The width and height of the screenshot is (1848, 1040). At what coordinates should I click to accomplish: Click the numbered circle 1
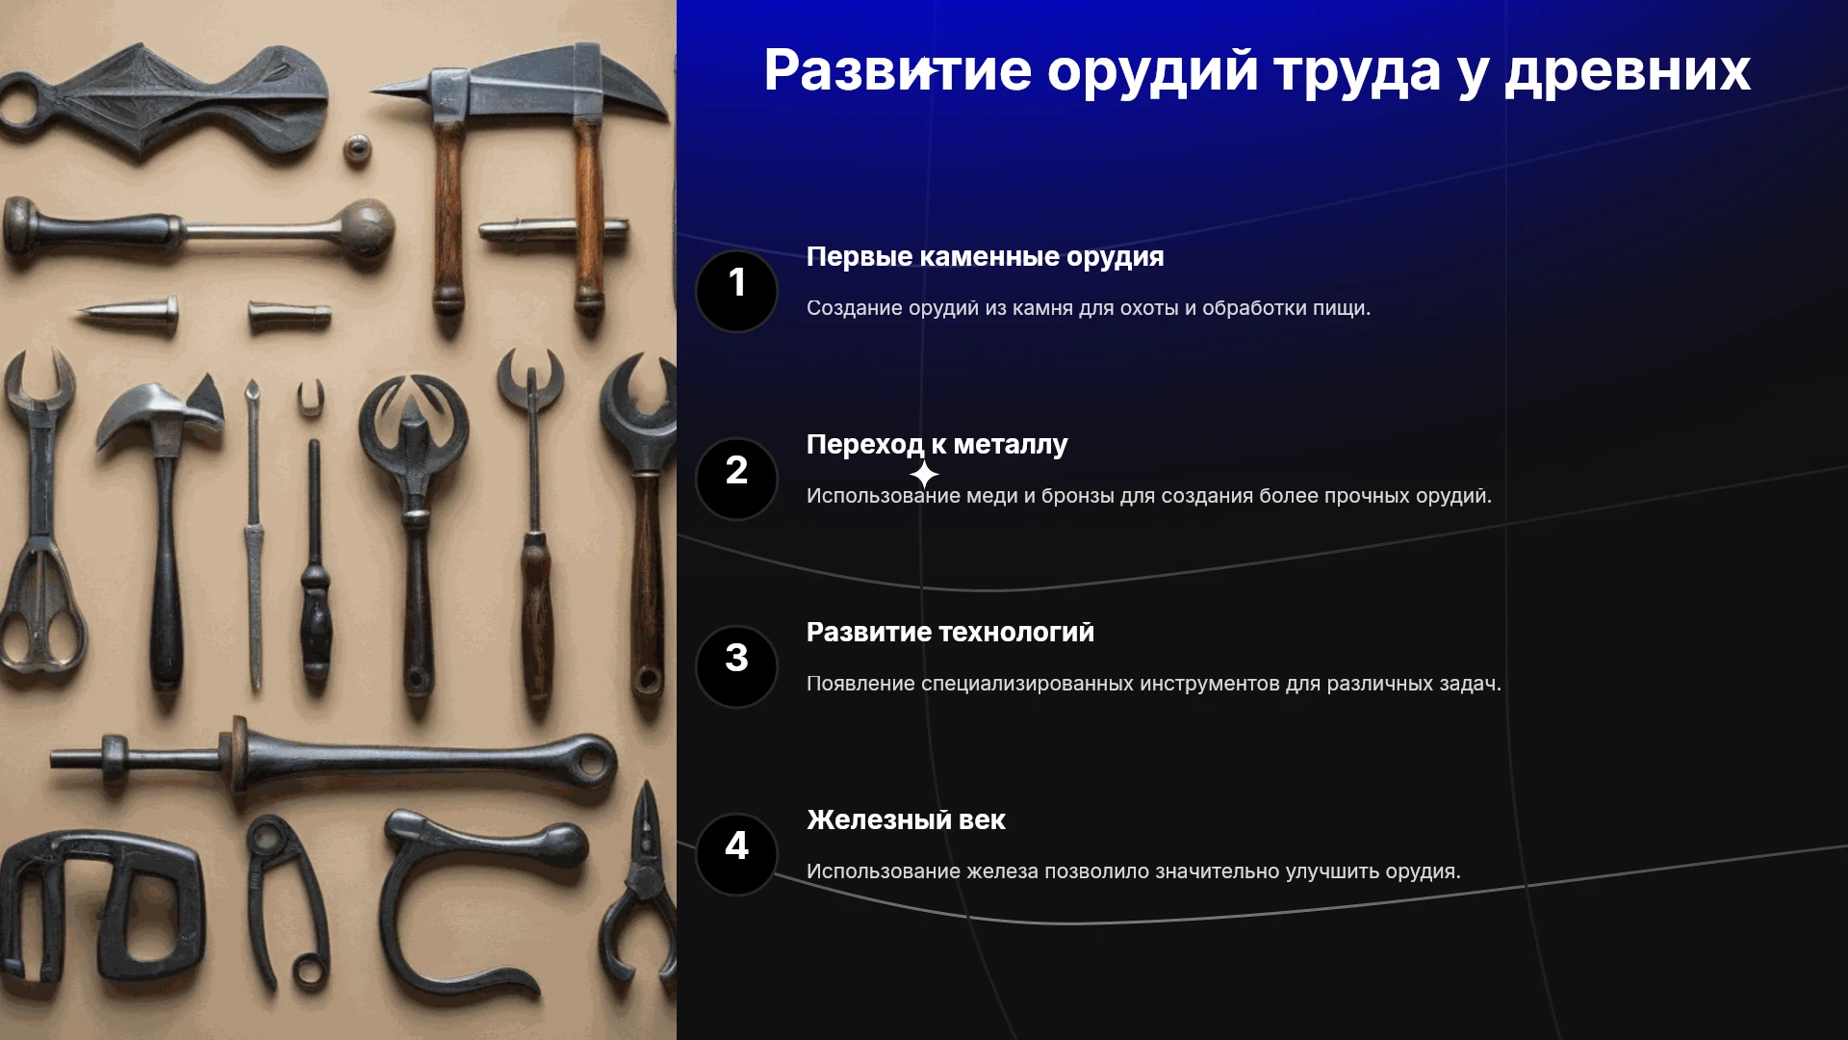736,291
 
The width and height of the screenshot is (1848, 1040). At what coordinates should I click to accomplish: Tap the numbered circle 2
736,479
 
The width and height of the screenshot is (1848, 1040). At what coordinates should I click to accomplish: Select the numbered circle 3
736,666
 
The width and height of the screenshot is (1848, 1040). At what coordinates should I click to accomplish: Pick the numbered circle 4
736,854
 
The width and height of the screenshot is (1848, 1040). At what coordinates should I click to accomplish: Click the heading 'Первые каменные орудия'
985,257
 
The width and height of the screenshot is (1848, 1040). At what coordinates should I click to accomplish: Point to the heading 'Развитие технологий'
950,632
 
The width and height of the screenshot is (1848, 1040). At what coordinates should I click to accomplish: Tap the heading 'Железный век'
906,819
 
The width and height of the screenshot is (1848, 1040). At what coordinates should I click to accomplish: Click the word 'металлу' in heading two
1010,445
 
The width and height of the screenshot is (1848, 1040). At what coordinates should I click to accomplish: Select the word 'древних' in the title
1628,72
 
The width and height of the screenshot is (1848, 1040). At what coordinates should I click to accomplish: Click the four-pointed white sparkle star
924,475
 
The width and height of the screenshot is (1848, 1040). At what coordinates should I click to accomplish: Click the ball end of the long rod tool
365,229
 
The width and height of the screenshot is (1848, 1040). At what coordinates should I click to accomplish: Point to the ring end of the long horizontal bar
591,763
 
